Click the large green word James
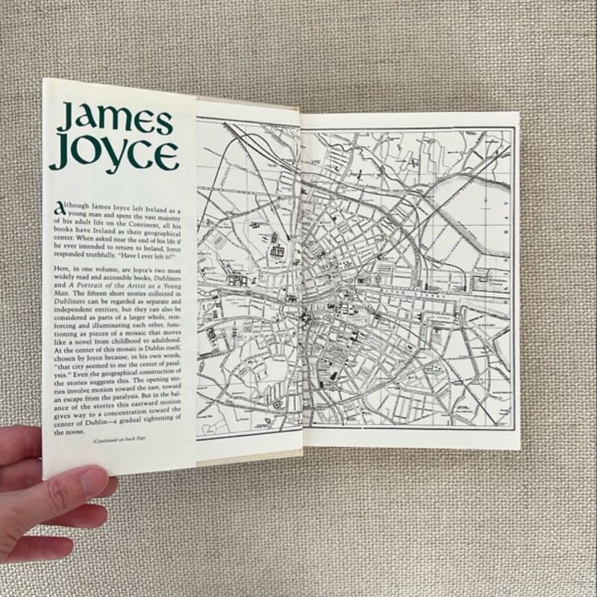[115, 119]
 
